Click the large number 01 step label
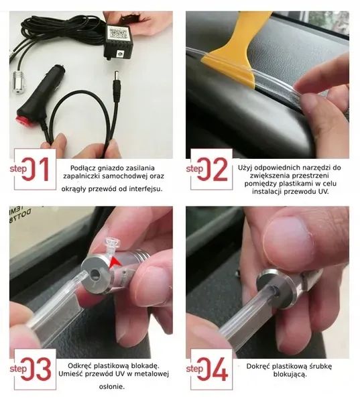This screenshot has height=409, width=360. [36, 170]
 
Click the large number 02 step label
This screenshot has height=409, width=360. [213, 170]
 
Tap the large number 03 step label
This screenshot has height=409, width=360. [36, 368]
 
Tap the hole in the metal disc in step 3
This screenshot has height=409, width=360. [93, 274]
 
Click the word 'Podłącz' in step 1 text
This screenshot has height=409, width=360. [82, 168]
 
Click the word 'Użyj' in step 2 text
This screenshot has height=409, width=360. [245, 168]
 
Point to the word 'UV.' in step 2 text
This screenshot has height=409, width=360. [324, 192]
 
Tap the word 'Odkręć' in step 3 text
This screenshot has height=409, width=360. [80, 366]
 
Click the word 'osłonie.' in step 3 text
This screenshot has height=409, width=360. [112, 387]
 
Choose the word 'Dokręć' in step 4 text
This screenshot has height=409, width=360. [258, 366]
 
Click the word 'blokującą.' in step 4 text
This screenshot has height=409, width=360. [290, 375]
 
